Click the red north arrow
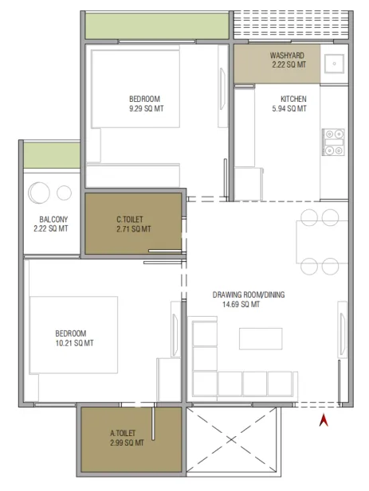[324, 420]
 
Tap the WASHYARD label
[287, 56]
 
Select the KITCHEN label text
[293, 99]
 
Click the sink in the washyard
[334, 64]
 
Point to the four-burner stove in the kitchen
[333, 142]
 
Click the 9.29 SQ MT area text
[147, 109]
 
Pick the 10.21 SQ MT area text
[74, 343]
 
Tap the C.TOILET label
[130, 219]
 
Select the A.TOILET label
[123, 434]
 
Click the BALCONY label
[53, 219]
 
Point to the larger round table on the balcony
[39, 193]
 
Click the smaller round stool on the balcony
[64, 193]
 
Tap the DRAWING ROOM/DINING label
[249, 294]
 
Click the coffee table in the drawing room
[261, 338]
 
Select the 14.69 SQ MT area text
[241, 304]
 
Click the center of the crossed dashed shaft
[231, 440]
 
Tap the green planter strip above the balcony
[52, 155]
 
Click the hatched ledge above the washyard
[291, 25]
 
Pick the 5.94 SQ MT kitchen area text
[289, 109]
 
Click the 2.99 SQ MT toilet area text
[127, 442]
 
